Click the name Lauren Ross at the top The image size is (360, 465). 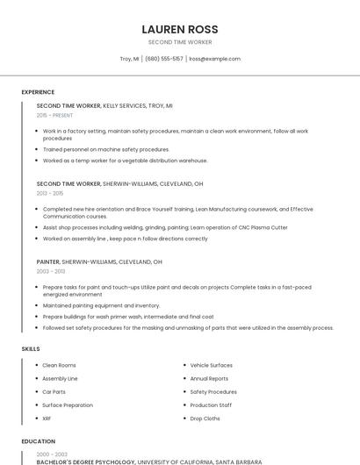click(x=180, y=28)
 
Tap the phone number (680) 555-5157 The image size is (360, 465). click(x=164, y=59)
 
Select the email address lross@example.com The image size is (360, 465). click(x=214, y=59)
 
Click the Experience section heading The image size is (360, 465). click(x=38, y=92)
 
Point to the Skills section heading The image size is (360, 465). click(x=31, y=349)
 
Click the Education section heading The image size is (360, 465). click(x=38, y=441)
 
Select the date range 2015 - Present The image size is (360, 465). click(x=54, y=115)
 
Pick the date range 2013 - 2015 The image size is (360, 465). click(x=50, y=193)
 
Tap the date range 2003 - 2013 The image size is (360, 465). click(x=51, y=271)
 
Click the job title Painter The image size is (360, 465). click(x=48, y=261)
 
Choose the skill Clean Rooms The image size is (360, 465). click(x=59, y=365)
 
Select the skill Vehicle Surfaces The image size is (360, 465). click(x=211, y=365)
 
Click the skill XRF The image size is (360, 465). click(x=47, y=418)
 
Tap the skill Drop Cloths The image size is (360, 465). click(x=205, y=418)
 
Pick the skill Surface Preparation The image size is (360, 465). click(x=68, y=405)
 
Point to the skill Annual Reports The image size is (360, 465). click(x=209, y=378)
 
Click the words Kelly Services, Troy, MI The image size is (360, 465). click(x=138, y=105)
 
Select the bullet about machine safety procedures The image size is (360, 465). click(x=105, y=149)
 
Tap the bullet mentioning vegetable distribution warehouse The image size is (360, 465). click(x=125, y=161)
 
